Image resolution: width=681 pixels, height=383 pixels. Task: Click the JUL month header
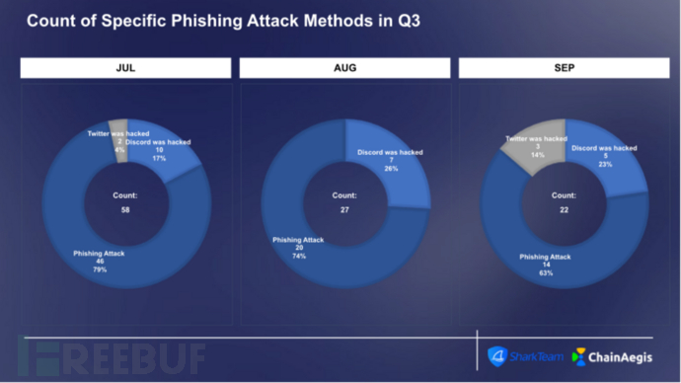[125, 68]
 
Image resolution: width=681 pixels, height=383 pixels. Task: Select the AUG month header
[344, 68]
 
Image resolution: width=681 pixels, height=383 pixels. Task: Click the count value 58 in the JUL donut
[124, 210]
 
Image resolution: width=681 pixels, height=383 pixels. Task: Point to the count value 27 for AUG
[344, 210]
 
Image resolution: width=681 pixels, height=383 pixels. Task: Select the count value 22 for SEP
[564, 210]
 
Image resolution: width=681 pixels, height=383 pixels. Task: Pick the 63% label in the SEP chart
[546, 272]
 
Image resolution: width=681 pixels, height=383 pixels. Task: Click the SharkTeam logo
[515, 355]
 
